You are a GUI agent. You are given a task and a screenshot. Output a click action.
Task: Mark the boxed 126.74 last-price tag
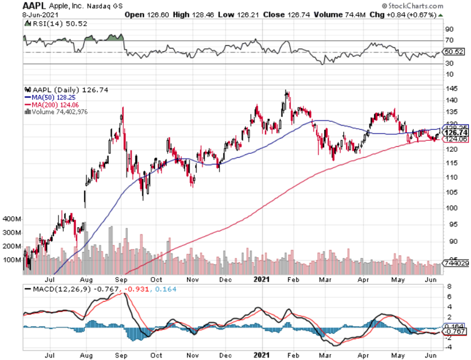click(454, 133)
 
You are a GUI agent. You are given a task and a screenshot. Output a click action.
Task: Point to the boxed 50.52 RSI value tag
click(454, 52)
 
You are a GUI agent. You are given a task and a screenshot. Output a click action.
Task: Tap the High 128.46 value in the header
click(185, 15)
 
